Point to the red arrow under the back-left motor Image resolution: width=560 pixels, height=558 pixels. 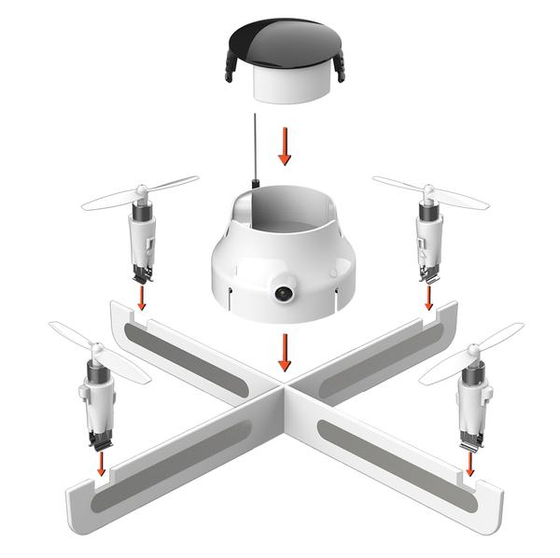[x=141, y=297]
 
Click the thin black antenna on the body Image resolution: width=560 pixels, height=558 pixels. [x=254, y=149]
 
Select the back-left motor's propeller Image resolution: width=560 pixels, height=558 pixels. [x=140, y=191]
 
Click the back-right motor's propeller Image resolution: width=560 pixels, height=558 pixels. [x=429, y=191]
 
